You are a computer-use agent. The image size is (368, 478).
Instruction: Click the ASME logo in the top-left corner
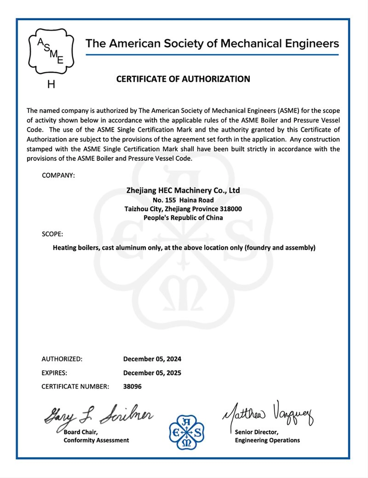[x=51, y=52]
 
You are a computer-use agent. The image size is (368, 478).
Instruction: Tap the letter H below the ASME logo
[x=51, y=84]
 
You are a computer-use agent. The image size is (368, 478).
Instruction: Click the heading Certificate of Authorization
[x=183, y=79]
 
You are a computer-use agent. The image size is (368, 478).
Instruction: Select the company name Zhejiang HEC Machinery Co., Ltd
[x=183, y=190]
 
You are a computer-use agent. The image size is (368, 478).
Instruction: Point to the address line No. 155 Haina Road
[x=183, y=200]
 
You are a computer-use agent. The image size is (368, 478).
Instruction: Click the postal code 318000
[x=231, y=209]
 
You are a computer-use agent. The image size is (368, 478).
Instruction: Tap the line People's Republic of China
[x=183, y=218]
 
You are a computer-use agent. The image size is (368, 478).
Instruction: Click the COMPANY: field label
[x=58, y=175]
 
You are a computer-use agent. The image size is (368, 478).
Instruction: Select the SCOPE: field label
[x=52, y=234]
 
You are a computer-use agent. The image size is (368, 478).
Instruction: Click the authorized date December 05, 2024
[x=152, y=359]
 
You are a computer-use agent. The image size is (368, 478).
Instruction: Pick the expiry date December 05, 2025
[x=152, y=373]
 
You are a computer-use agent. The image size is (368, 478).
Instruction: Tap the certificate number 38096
[x=132, y=386]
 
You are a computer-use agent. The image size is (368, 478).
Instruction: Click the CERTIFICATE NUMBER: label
[x=75, y=386]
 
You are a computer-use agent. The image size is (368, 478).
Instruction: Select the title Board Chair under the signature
[x=81, y=432]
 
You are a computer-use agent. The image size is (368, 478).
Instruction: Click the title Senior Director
[x=256, y=432]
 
